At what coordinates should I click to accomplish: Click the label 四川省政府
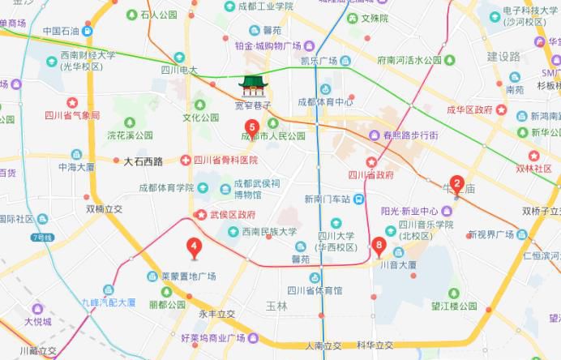pos(370,174)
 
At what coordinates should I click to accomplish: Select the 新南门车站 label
pos(328,199)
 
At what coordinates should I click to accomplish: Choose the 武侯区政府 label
pos(233,215)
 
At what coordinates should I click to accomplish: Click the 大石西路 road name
pos(143,161)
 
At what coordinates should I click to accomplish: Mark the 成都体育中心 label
pos(325,102)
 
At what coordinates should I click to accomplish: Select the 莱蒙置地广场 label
pos(188,276)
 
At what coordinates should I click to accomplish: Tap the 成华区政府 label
pos(470,109)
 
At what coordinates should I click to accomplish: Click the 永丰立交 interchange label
pos(216,313)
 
